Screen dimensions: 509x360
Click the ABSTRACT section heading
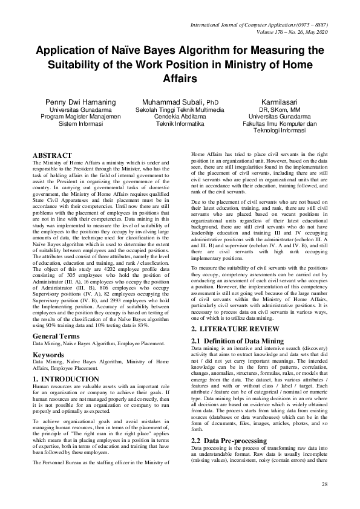52,156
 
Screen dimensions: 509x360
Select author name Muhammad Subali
172,102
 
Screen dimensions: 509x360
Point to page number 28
324,485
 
